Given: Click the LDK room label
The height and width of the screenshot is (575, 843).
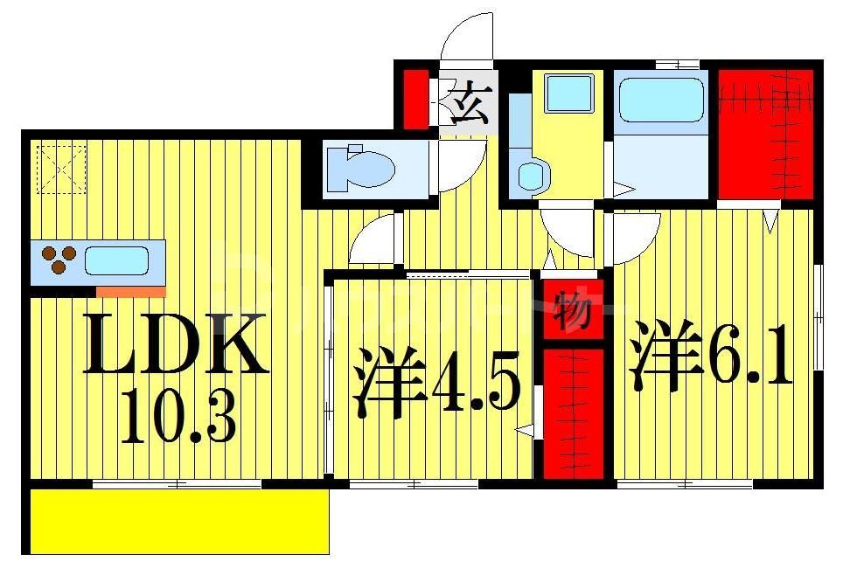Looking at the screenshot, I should click(175, 344).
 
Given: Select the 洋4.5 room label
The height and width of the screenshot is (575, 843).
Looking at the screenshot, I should click(437, 384).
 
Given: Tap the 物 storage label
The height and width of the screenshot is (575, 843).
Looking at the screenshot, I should click(574, 309).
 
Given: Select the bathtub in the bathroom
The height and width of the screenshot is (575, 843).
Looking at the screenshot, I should click(661, 99).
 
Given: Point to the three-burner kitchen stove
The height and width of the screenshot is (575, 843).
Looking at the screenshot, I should click(59, 259).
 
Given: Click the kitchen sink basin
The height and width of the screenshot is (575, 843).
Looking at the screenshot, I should click(116, 260).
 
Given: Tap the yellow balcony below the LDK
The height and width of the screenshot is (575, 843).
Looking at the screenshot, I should click(179, 521).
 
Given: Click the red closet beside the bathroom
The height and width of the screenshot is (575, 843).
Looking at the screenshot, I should click(766, 133).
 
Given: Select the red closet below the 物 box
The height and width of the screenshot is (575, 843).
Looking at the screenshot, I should click(574, 412).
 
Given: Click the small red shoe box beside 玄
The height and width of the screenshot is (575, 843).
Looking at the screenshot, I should click(416, 99).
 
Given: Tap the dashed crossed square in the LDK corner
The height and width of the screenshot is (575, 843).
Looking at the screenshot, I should click(62, 168).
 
